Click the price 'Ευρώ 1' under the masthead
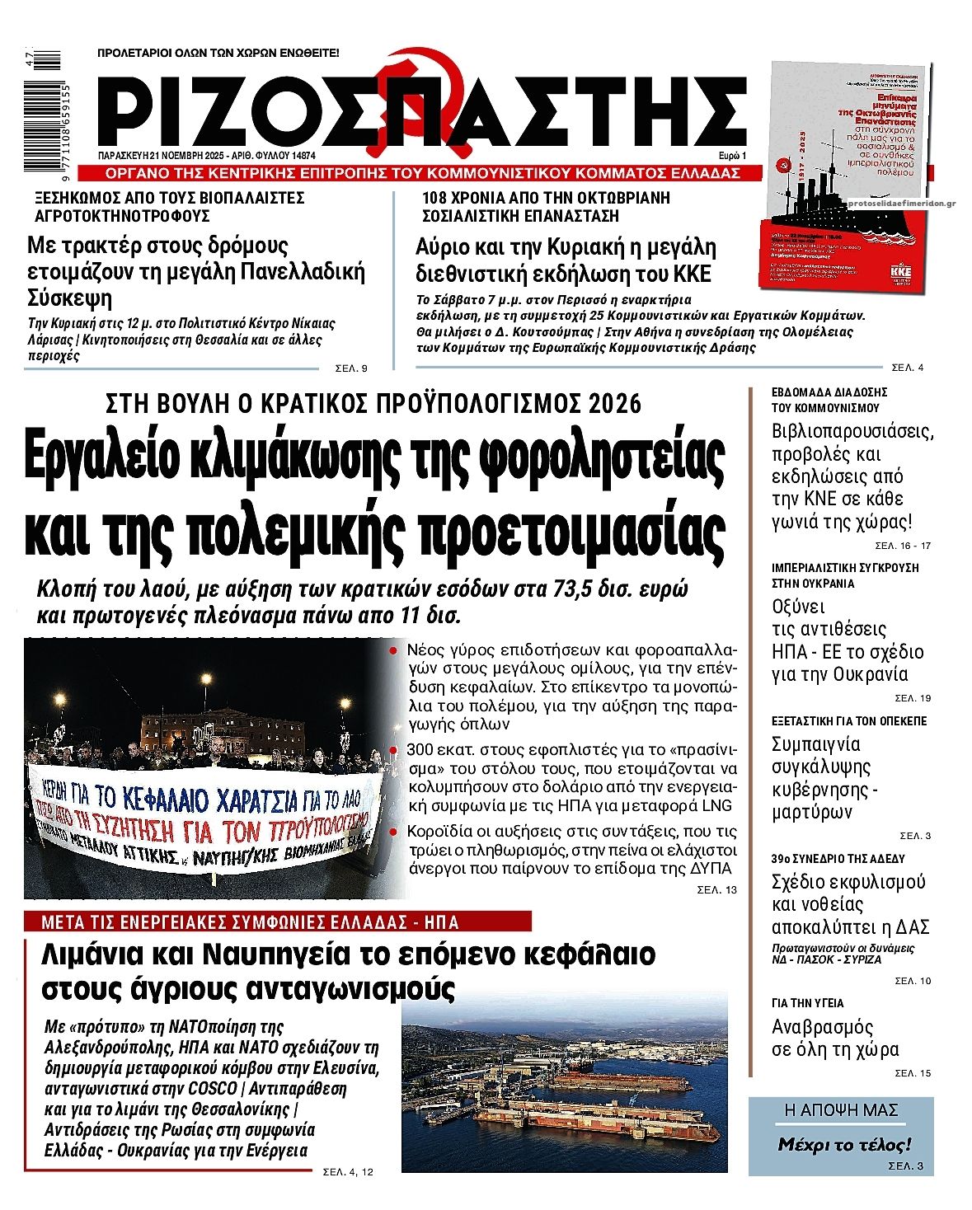coord(732,156)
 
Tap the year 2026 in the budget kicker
coord(615,404)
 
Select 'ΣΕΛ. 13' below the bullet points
coord(716,890)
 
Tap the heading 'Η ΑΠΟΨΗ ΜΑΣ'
coord(841,1111)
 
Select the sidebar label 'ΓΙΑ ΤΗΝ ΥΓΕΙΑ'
coord(807,1003)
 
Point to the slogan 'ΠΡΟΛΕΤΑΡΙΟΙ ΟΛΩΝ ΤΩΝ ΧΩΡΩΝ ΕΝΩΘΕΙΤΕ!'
coord(218,52)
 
